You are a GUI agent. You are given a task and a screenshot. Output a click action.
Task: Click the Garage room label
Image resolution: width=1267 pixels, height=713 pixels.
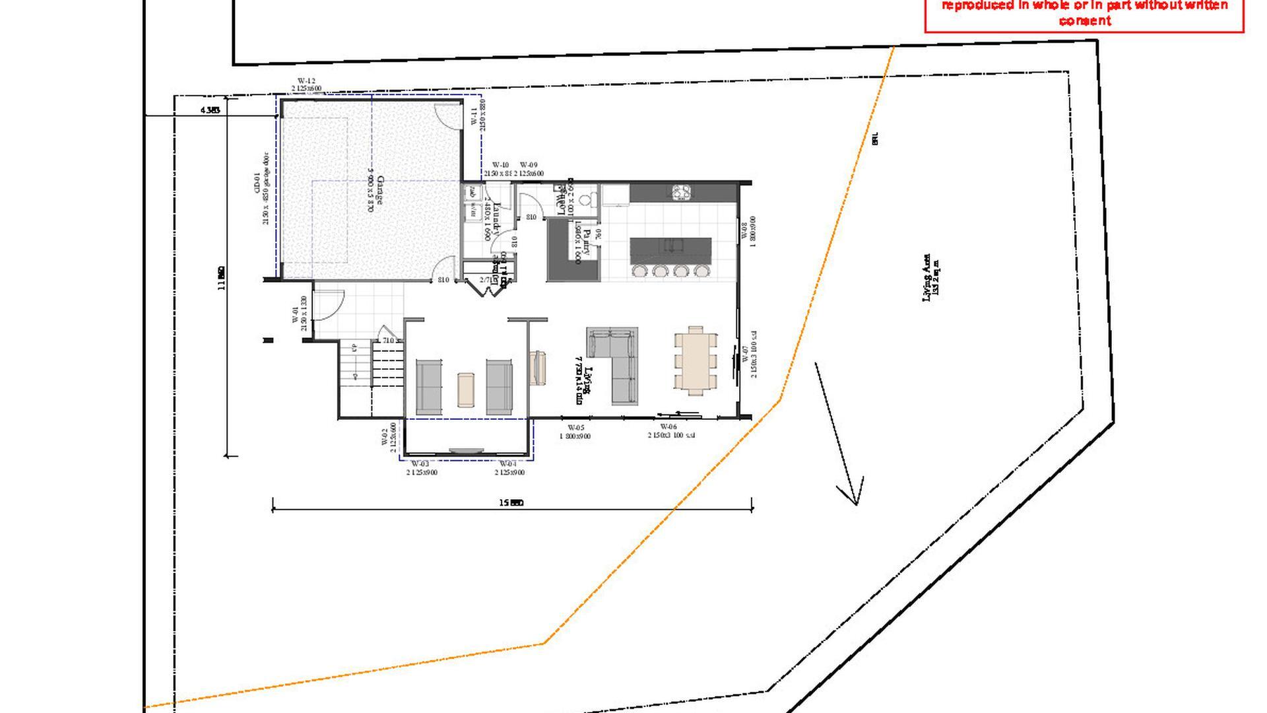379,189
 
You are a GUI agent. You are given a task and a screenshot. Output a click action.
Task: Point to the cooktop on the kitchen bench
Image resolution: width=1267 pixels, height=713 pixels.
681,192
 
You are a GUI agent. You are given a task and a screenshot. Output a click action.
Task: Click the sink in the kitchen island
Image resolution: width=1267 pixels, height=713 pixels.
672,246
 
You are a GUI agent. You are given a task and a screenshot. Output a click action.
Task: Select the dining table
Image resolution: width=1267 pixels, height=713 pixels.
696,360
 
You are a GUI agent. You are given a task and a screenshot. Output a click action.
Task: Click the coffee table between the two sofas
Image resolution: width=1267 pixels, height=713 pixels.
466,389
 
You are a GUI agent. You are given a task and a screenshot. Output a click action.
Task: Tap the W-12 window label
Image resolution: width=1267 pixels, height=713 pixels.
306,81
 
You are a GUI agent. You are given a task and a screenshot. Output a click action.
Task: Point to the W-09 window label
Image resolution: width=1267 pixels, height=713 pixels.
529,165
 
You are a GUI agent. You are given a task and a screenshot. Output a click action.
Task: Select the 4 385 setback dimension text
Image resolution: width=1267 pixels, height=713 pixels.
210,110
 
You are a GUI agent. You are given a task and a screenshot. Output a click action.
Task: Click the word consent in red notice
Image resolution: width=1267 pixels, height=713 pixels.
1084,20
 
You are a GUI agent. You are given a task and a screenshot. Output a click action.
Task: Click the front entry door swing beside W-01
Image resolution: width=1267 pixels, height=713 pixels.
327,305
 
